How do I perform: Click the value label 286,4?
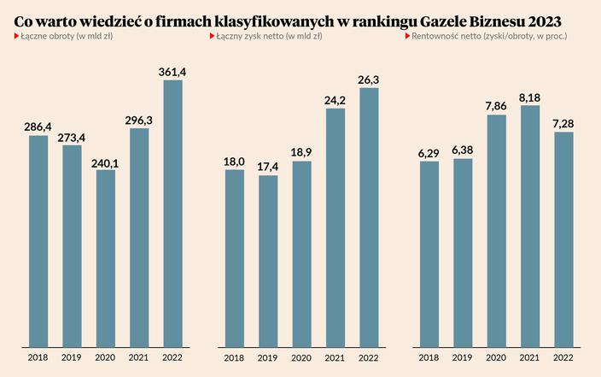(38, 126)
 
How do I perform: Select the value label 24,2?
(336, 98)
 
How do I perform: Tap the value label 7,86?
(497, 105)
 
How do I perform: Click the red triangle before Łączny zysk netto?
(211, 38)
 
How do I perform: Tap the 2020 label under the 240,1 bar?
(105, 357)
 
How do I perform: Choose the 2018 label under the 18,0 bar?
(235, 357)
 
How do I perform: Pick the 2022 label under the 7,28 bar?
(563, 357)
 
